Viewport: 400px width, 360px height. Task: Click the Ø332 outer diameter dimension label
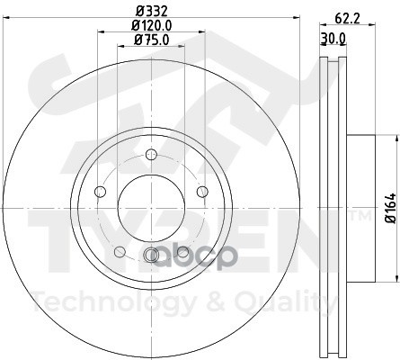coord(151,12)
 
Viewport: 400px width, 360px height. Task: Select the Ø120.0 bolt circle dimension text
coord(152,25)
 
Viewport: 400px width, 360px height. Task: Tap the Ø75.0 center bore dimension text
coord(152,40)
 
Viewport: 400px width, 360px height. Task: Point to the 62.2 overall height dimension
coord(347,19)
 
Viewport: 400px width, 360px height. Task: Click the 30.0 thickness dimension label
coord(333,39)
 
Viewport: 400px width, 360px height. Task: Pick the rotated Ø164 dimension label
coord(391,208)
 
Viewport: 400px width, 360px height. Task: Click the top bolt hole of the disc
coord(151,155)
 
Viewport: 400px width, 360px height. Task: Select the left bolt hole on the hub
coord(100,192)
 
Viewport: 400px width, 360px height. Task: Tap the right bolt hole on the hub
coord(202,192)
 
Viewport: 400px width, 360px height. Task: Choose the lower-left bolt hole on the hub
coord(120,252)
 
